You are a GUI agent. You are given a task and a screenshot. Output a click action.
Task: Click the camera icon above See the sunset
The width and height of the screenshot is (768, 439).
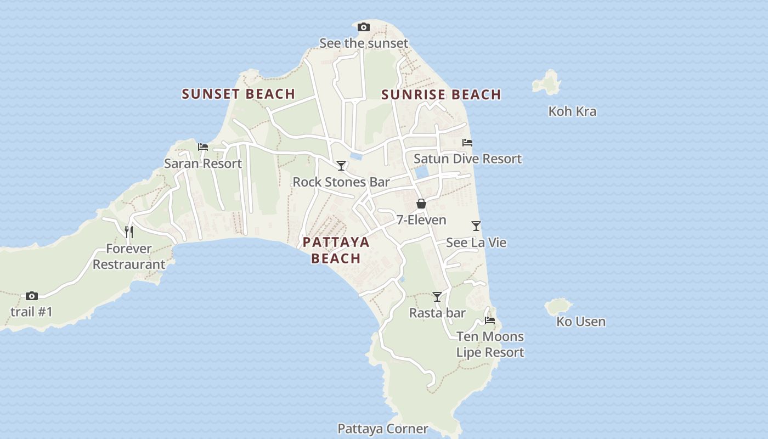click(363, 27)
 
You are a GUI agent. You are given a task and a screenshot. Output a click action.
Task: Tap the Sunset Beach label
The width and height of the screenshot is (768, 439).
click(239, 94)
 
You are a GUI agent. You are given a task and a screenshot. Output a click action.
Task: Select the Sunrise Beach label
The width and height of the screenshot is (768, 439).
click(441, 94)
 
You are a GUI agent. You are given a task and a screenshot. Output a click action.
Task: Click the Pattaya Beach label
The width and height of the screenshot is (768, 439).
click(336, 250)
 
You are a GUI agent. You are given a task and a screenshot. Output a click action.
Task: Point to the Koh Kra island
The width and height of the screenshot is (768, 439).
click(547, 83)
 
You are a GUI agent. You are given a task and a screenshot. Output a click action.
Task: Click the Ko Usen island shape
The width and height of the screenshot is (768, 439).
click(558, 307)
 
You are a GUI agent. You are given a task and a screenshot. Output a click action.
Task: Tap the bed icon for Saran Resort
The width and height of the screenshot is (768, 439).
click(203, 147)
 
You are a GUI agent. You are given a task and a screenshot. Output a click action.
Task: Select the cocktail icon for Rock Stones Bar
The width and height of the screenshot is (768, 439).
click(341, 165)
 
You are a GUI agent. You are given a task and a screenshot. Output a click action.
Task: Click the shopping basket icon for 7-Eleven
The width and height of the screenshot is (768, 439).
click(421, 204)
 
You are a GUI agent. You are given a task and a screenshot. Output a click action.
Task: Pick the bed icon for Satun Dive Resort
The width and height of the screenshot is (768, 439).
click(467, 142)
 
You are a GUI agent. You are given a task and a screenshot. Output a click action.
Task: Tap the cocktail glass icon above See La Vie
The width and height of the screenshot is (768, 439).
click(476, 226)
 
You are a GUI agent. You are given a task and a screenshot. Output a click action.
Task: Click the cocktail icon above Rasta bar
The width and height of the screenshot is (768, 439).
click(437, 296)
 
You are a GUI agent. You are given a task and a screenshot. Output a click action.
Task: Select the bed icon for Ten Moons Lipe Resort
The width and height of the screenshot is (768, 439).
click(490, 320)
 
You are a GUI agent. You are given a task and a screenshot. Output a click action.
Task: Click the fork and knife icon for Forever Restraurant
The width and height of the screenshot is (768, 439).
click(128, 232)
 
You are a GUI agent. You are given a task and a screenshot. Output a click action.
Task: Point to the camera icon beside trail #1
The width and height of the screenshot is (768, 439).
click(32, 296)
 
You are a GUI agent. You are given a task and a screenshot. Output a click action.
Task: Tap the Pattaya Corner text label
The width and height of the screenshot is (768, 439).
click(382, 429)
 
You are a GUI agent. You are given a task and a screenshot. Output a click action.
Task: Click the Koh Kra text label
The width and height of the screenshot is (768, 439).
click(572, 111)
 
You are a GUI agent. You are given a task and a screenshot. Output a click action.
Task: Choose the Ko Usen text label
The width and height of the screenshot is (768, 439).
click(581, 322)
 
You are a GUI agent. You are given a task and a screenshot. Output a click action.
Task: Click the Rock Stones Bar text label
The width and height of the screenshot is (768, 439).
click(341, 182)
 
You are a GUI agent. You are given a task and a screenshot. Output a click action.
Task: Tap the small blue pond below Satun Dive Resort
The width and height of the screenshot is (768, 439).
click(421, 172)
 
